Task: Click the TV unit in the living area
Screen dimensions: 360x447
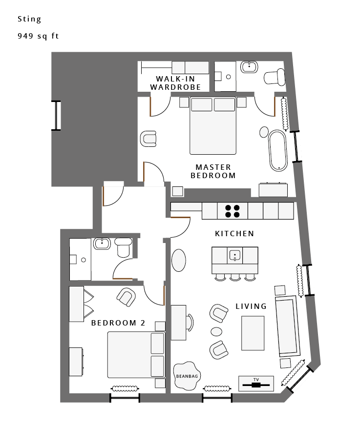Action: click(256, 384)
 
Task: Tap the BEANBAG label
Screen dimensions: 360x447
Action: click(187, 376)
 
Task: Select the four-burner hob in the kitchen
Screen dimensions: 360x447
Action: click(232, 211)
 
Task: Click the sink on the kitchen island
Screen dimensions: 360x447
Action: click(234, 255)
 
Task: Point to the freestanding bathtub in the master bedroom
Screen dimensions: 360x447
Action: click(277, 150)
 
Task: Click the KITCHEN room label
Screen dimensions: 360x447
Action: click(234, 233)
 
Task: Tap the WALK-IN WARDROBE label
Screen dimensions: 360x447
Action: click(175, 83)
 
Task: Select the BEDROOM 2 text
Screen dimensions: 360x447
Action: click(118, 323)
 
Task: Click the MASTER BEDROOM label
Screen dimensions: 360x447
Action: click(213, 171)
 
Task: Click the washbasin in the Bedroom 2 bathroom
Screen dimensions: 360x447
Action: click(102, 244)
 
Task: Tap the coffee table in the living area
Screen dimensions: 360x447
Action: click(253, 333)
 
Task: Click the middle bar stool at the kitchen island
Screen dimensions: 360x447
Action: click(235, 277)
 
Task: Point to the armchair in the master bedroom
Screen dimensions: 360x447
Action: click(148, 139)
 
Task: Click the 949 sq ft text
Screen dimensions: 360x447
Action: click(38, 36)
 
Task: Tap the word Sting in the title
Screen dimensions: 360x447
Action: click(29, 19)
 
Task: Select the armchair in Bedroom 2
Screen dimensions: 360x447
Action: click(126, 297)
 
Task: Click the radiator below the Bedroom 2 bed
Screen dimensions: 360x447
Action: click(125, 388)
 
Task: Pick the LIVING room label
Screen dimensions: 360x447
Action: click(251, 306)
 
